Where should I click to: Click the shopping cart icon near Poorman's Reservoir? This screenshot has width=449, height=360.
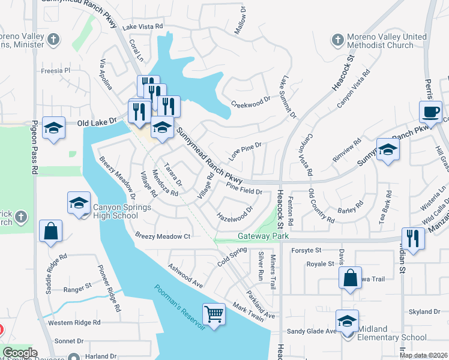tap(214, 313)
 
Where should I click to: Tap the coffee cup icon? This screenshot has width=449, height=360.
tap(431, 112)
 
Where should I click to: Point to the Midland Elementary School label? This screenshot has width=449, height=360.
tap(393, 333)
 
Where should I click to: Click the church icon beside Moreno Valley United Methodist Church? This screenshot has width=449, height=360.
tap(337, 41)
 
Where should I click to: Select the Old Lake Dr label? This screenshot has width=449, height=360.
tap(97, 122)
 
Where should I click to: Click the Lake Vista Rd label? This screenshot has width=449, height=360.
tap(143, 27)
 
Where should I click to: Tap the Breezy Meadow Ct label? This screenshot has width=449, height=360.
tap(163, 236)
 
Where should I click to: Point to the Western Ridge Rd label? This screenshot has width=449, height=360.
tap(74, 323)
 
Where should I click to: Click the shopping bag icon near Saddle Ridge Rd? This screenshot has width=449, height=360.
tap(50, 231)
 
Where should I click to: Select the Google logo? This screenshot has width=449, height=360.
tap(20, 353)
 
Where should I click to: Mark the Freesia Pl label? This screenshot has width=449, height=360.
tap(56, 70)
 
